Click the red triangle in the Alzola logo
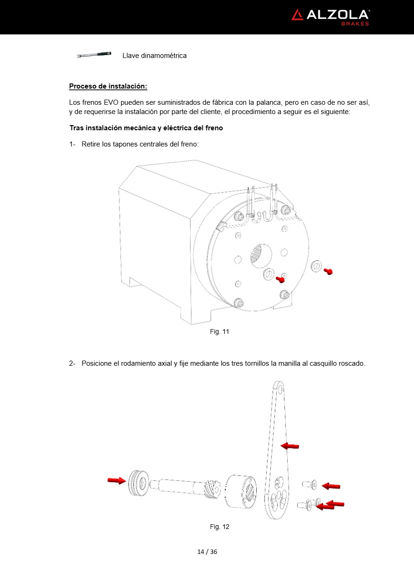click(x=297, y=15)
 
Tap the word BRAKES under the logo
click(x=355, y=24)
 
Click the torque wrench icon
click(x=94, y=55)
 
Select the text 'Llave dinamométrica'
click(x=155, y=56)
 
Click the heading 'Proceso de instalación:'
click(x=108, y=86)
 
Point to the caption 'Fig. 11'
click(x=220, y=331)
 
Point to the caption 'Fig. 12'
click(x=220, y=527)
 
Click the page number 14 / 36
click(x=207, y=552)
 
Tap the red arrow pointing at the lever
click(x=290, y=446)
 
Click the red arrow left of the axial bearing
click(x=116, y=480)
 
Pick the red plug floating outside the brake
click(x=328, y=271)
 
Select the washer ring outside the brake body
click(x=317, y=266)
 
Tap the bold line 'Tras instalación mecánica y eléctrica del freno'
click(x=146, y=128)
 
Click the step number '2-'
click(x=72, y=363)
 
